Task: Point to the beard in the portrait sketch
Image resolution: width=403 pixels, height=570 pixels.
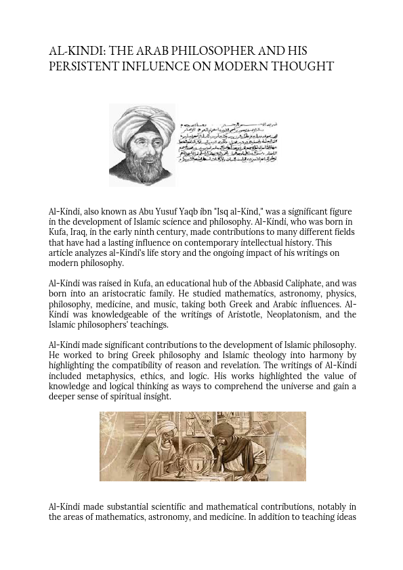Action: (x=144, y=166)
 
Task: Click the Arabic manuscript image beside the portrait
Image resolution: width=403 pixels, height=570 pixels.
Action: (x=228, y=143)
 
